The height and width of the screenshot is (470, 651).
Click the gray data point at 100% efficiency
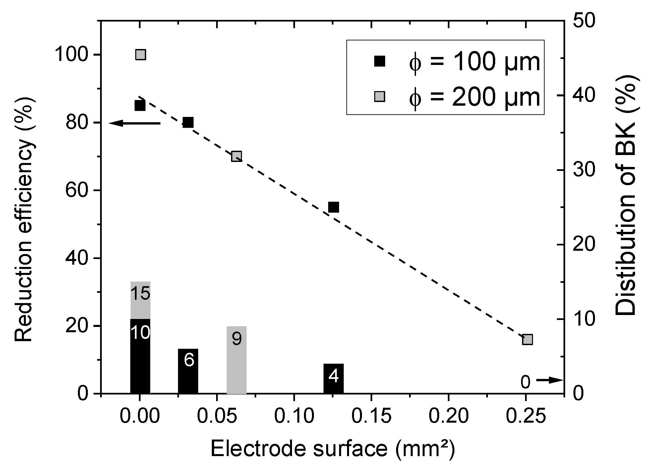pyautogui.click(x=141, y=55)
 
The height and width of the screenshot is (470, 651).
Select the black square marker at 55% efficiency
pyautogui.click(x=333, y=207)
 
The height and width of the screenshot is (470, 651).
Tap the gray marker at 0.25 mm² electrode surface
pyautogui.click(x=527, y=340)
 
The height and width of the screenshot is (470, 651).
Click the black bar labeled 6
pyautogui.click(x=188, y=371)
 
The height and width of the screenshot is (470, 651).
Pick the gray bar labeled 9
pyautogui.click(x=237, y=360)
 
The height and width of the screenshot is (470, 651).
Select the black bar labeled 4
pyautogui.click(x=333, y=378)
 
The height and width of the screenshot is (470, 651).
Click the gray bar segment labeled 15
pyautogui.click(x=141, y=300)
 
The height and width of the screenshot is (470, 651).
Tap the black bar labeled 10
pyautogui.click(x=140, y=356)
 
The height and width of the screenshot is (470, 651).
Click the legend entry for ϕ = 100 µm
pyautogui.click(x=457, y=62)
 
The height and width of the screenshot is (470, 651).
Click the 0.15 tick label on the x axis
pyautogui.click(x=372, y=417)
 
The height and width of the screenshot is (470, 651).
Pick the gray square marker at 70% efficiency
pyautogui.click(x=236, y=156)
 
